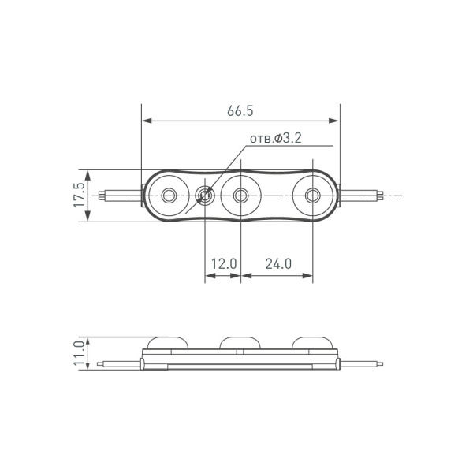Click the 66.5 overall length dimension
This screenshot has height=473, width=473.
pyautogui.click(x=240, y=111)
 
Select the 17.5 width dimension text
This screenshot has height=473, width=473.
pyautogui.click(x=79, y=195)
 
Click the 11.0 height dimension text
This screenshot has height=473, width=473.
pyautogui.click(x=79, y=353)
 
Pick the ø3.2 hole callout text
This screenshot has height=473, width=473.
pyautogui.click(x=278, y=139)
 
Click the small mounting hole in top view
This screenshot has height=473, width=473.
pyautogui.click(x=205, y=195)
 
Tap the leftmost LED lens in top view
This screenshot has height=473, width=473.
pyautogui.click(x=168, y=195)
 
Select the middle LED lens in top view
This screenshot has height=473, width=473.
pyautogui.click(x=240, y=195)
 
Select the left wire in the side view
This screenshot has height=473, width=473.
pyautogui.click(x=118, y=363)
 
